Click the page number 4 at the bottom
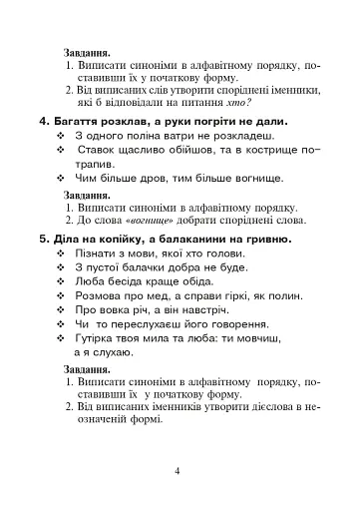coord(177,471)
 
